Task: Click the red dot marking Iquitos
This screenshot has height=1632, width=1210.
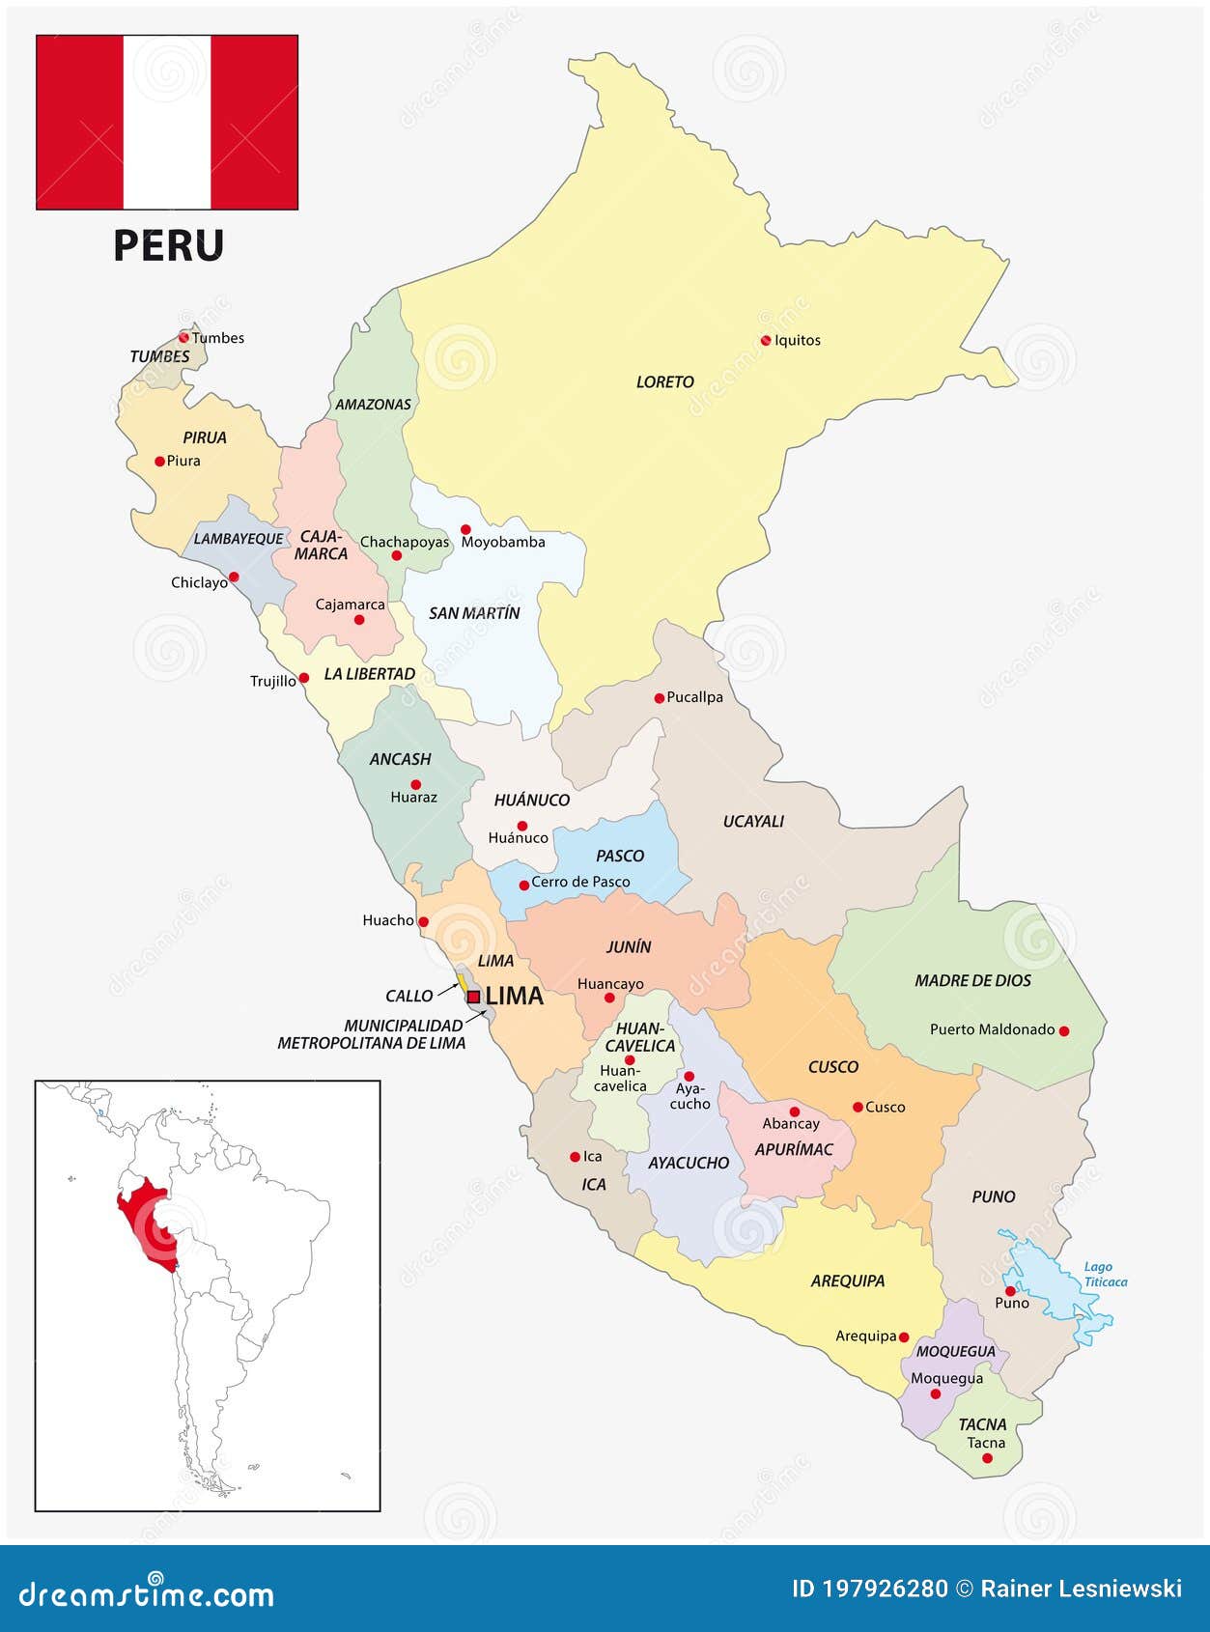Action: tap(766, 340)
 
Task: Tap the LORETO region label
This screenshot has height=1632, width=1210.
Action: tap(664, 382)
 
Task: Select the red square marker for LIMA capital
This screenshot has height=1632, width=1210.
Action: tap(473, 997)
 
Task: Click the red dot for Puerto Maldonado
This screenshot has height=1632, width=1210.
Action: tap(1064, 1031)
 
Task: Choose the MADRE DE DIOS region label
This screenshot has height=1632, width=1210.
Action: tap(972, 981)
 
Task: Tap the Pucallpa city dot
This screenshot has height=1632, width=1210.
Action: tap(660, 698)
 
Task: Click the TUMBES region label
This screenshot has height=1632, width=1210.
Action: tap(159, 357)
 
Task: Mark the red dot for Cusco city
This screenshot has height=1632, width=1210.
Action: tap(858, 1108)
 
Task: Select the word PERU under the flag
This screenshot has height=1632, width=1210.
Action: tap(168, 245)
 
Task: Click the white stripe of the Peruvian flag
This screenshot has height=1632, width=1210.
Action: tap(167, 123)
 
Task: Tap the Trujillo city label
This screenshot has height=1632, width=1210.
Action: tap(272, 682)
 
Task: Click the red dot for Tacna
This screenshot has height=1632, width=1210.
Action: tap(987, 1458)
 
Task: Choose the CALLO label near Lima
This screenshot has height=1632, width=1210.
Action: tap(408, 996)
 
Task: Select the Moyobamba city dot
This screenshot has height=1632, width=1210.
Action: tap(465, 529)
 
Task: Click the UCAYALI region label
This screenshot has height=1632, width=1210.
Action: tap(753, 822)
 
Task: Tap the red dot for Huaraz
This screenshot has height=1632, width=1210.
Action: tap(416, 784)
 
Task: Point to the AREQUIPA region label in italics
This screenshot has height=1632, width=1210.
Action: tap(847, 1281)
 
